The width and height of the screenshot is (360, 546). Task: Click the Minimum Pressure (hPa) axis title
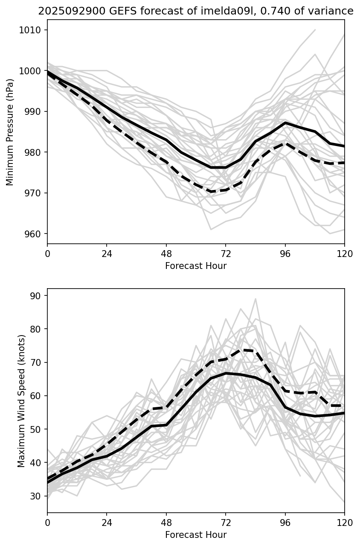[x=10, y=132]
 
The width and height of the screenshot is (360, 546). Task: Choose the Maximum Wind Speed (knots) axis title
[x=21, y=401]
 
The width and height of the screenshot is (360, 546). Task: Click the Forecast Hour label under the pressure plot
[x=196, y=266]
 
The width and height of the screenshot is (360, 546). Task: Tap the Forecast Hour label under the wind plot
[x=196, y=535]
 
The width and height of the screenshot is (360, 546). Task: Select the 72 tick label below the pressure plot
[x=226, y=254]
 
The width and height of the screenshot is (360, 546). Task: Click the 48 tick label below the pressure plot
[x=166, y=254]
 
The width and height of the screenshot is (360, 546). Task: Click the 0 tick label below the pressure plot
[x=47, y=254]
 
